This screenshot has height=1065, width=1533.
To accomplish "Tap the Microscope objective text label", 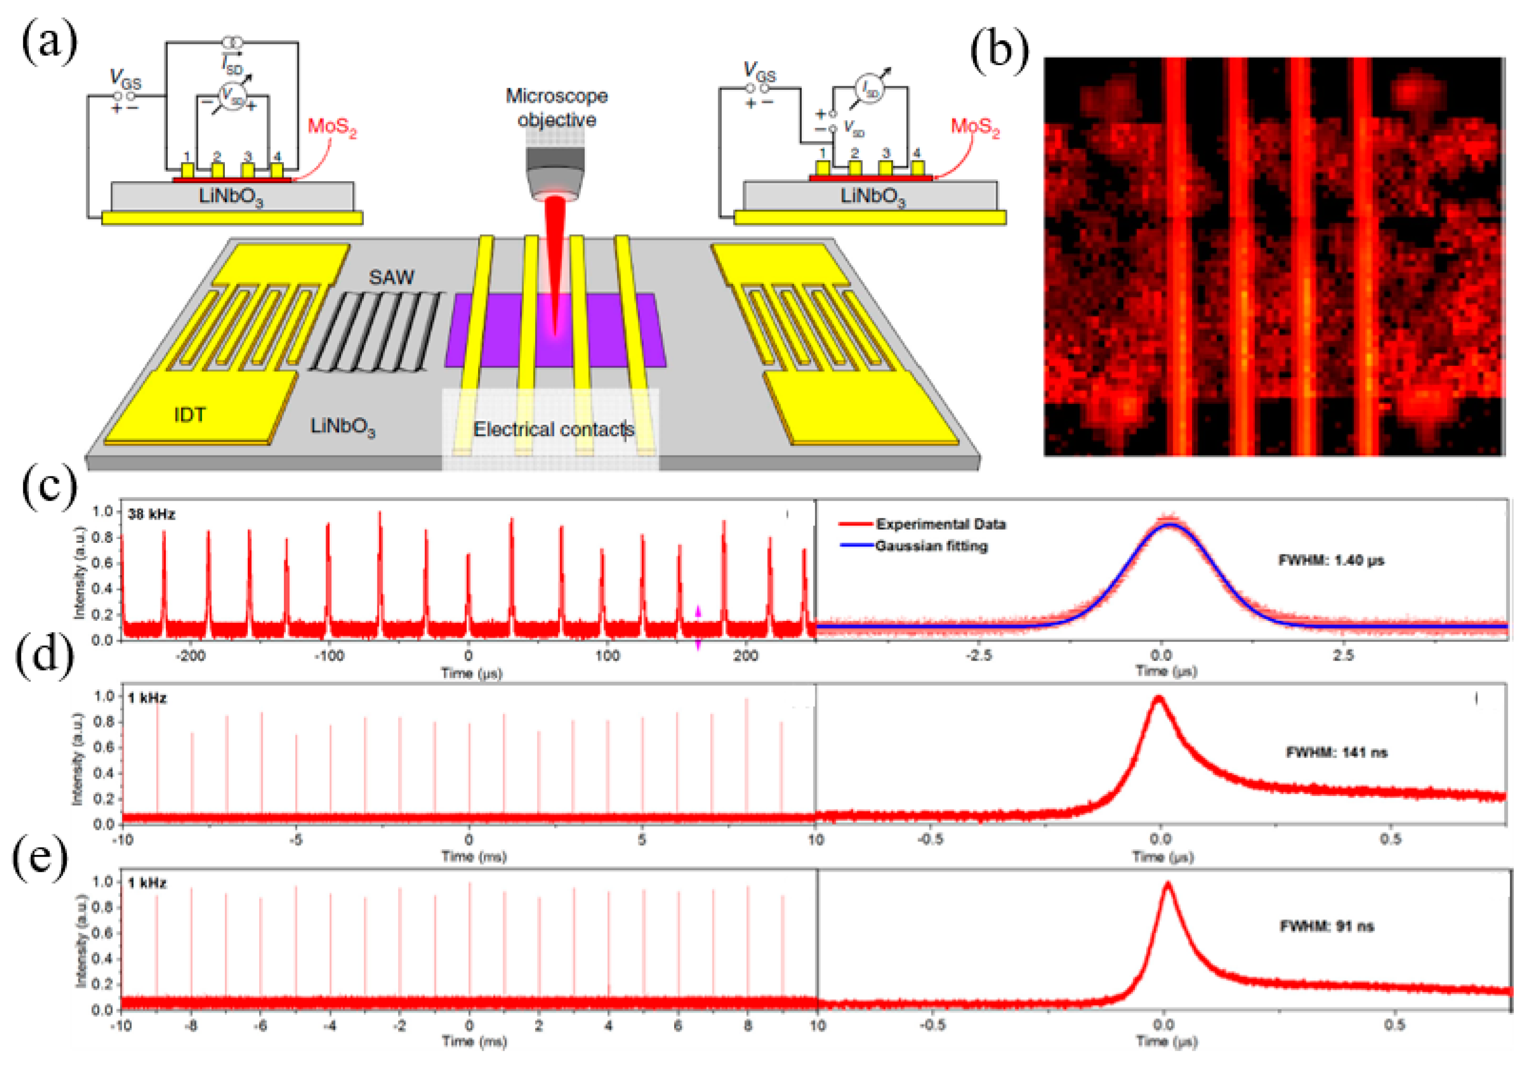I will coord(556,107).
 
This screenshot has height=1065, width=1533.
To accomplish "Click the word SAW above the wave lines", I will coord(391,277).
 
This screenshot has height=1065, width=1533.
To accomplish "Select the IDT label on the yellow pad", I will coord(190,415).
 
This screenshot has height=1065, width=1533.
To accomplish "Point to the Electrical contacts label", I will coord(553,429).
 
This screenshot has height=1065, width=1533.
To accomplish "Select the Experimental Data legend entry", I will coord(940,524).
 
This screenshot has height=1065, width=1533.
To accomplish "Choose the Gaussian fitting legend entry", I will coord(930,546).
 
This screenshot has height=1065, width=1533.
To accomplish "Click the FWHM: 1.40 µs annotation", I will coord(1331,560).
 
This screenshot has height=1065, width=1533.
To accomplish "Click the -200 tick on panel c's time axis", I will coord(190,656).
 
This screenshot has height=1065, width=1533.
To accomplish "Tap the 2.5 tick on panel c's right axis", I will coord(1343,656).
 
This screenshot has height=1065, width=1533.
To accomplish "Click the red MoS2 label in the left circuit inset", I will coord(332,127).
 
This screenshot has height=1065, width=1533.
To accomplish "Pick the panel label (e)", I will coord(40,859).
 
